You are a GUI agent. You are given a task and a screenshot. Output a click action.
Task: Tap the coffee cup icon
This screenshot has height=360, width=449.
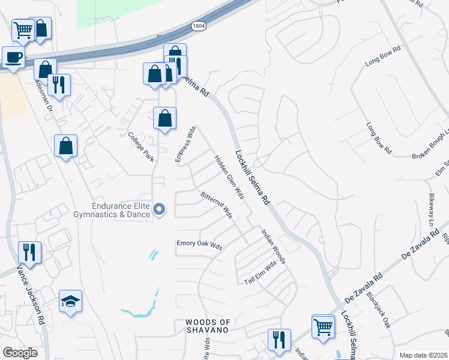pos(13,58)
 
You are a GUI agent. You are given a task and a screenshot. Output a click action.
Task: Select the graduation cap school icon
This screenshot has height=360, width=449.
pos(70,301)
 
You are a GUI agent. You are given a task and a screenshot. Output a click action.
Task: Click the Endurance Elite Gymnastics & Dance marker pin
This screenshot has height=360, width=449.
pos(159,209)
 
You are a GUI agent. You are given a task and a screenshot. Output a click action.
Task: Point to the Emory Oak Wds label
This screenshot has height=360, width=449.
pos(199,245)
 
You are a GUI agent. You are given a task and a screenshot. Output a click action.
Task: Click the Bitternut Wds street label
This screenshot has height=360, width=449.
pos(216,205)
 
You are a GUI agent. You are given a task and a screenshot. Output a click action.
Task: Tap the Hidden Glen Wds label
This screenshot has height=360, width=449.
pos(229,177)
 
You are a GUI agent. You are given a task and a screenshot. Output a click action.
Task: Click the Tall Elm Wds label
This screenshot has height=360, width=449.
pos(261,272)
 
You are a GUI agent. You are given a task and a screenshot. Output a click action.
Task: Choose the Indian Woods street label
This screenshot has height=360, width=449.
pos(273,245)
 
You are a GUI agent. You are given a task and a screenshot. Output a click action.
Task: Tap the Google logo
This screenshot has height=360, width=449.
pos(20,352)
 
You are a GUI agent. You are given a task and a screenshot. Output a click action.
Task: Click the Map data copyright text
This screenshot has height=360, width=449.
pos(423,355)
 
